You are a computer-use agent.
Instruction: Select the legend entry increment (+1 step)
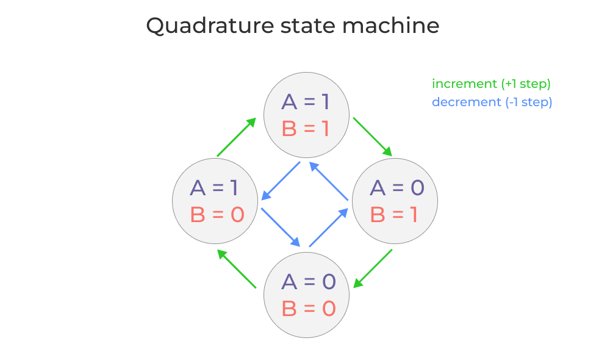(491, 84)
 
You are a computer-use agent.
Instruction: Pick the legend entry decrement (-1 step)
(492, 103)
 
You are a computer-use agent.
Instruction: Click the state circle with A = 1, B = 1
(306, 115)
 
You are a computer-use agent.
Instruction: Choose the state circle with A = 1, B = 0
(215, 201)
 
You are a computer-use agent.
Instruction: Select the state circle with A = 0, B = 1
(395, 201)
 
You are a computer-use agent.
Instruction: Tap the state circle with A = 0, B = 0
(306, 295)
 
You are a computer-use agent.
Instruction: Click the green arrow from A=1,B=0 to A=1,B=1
(237, 137)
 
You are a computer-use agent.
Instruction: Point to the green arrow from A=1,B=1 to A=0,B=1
(373, 137)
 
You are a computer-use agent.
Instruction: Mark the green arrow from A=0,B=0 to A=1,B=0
(237, 268)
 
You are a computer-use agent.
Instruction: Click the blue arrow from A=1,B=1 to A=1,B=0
(281, 181)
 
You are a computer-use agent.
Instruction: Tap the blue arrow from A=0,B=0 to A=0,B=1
(329, 228)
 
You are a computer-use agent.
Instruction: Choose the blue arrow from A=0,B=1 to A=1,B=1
(329, 181)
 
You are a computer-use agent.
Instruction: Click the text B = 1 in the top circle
(305, 129)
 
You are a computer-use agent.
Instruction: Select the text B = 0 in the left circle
(217, 215)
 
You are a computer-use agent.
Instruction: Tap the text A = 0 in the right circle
(396, 188)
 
